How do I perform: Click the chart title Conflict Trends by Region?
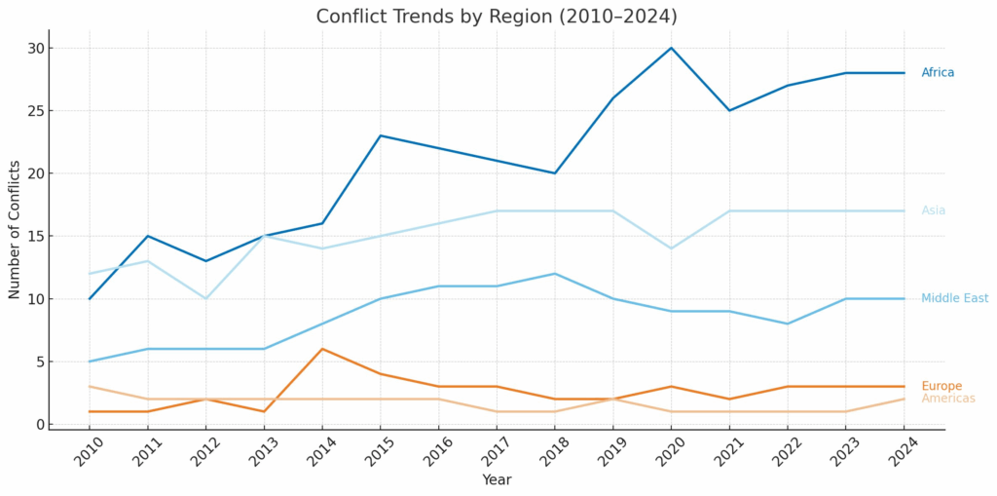point(497,17)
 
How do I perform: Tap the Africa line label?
point(938,73)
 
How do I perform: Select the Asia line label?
point(933,210)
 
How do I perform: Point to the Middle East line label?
point(954,298)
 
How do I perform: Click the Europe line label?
point(941,386)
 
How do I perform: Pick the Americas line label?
point(947,399)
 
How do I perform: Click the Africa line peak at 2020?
point(671,48)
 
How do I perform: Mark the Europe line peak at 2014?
point(321,349)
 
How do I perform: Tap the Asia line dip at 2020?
point(671,248)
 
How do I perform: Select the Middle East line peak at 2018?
point(554,274)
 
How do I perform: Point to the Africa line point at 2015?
point(380,135)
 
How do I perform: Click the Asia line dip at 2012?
point(205,298)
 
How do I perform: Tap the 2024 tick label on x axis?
point(903,453)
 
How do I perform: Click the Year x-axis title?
point(497,479)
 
